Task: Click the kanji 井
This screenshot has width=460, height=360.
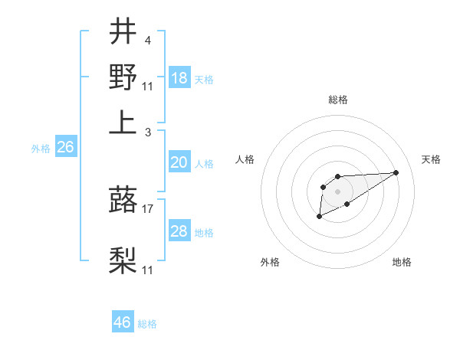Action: coord(123,33)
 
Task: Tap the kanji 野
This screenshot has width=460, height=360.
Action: coord(123,77)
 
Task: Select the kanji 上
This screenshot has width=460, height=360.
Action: coord(123,123)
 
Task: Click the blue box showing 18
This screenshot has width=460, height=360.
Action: coord(179,78)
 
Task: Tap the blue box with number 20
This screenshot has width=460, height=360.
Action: coord(179,162)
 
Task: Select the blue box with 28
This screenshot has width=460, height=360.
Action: coord(179,232)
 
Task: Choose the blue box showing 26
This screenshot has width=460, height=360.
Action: coord(66,148)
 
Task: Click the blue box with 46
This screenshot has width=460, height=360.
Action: coord(123,322)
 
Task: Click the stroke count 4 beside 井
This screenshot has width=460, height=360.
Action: coord(147,40)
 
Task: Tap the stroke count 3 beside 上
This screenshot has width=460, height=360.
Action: coord(147,132)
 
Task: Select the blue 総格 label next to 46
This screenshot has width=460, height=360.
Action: coord(147,324)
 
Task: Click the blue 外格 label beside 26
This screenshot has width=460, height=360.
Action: coord(40,149)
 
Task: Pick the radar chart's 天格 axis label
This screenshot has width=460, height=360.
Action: coord(431,159)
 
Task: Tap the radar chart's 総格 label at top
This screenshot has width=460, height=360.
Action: coord(337,100)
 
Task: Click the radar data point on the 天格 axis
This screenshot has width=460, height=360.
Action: coord(396,172)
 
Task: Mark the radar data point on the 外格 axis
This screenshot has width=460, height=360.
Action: coord(319,217)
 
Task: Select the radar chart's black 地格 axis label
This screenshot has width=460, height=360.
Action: coord(402,262)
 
